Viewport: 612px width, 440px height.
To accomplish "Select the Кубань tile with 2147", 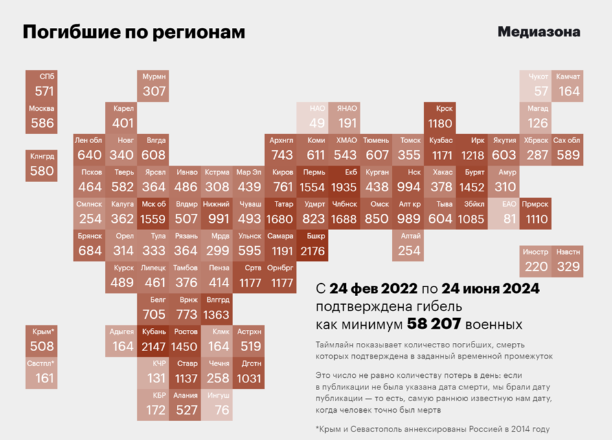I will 153,340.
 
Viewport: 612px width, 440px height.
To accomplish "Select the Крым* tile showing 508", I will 41,340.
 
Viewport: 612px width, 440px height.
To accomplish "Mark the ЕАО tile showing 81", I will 505,213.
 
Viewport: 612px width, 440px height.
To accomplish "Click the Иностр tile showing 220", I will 536,261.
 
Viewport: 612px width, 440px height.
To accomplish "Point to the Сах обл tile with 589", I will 568,150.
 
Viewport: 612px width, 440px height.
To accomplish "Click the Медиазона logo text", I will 539,32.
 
